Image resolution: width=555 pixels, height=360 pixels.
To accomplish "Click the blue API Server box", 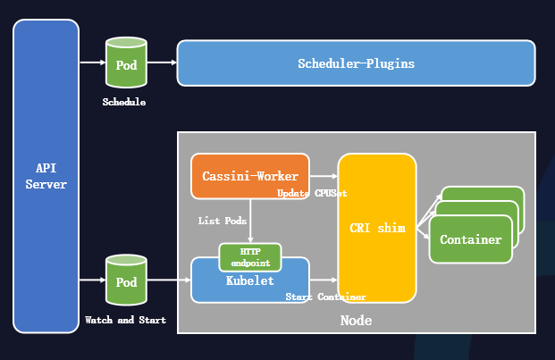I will (45, 176).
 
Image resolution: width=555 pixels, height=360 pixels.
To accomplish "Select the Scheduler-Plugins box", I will (356, 63).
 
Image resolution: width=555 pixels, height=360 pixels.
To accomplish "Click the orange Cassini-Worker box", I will (250, 176).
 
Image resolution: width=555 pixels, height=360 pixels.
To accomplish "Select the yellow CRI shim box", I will (377, 228).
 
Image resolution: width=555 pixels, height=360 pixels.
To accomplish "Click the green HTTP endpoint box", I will (250, 257).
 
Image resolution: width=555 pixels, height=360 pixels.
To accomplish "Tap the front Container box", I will (471, 239).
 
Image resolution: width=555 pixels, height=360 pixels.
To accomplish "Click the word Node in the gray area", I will (356, 321).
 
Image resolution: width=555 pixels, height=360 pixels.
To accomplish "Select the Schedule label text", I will (124, 103).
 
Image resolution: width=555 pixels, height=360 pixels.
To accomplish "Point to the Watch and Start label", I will (125, 320).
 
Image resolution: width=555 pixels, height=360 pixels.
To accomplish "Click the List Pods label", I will (223, 220).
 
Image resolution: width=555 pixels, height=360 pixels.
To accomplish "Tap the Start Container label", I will (325, 297).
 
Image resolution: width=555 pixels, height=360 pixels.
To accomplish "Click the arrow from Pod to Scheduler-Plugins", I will (162, 63).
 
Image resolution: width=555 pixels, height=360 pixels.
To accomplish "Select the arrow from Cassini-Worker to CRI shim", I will (324, 176).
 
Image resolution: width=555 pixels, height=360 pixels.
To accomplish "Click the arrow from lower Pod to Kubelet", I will (169, 280).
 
